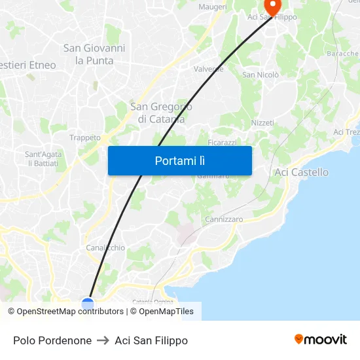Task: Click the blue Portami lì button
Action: pos(179,160)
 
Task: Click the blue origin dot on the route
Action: pos(88,304)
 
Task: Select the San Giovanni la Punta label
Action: pos(94,54)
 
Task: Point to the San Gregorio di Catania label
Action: pos(161,113)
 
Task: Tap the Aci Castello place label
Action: pos(301,172)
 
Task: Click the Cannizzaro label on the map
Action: pos(224,219)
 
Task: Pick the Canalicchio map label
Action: pos(105,248)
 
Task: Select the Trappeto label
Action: pos(85,137)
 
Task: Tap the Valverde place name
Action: pos(209,69)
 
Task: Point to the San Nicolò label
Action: pos(261,75)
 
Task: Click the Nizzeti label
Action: pos(262,123)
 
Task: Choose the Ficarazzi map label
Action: pos(222,142)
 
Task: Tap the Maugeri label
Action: pos(212,7)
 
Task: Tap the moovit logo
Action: pos(321,340)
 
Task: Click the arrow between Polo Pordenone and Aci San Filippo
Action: pos(103,340)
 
